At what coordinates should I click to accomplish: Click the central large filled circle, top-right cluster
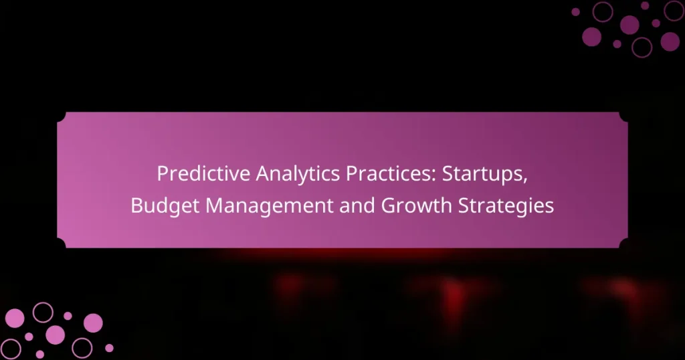coord(629,25)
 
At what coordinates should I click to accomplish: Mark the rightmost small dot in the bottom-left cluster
coord(109,348)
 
